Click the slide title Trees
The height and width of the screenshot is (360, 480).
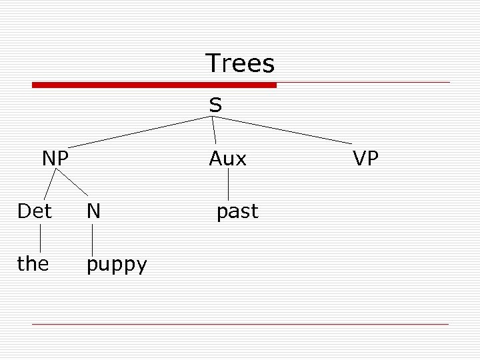tap(240, 64)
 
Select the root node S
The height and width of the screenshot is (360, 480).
tap(215, 105)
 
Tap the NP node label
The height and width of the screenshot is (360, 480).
tap(55, 159)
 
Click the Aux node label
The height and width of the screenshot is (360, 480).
tap(227, 159)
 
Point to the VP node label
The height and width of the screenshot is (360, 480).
tap(366, 159)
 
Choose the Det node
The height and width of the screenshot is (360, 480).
tap(35, 211)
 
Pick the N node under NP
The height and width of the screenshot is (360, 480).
tap(93, 211)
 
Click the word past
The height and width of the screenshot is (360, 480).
tap(237, 212)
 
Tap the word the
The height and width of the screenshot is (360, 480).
tap(33, 264)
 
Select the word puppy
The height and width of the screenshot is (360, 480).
tap(117, 265)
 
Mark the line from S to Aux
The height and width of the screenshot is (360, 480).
tap(214, 131)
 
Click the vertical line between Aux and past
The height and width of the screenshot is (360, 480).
tap(229, 184)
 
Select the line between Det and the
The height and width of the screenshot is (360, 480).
tap(40, 238)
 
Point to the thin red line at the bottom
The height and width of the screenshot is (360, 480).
tap(240, 324)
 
